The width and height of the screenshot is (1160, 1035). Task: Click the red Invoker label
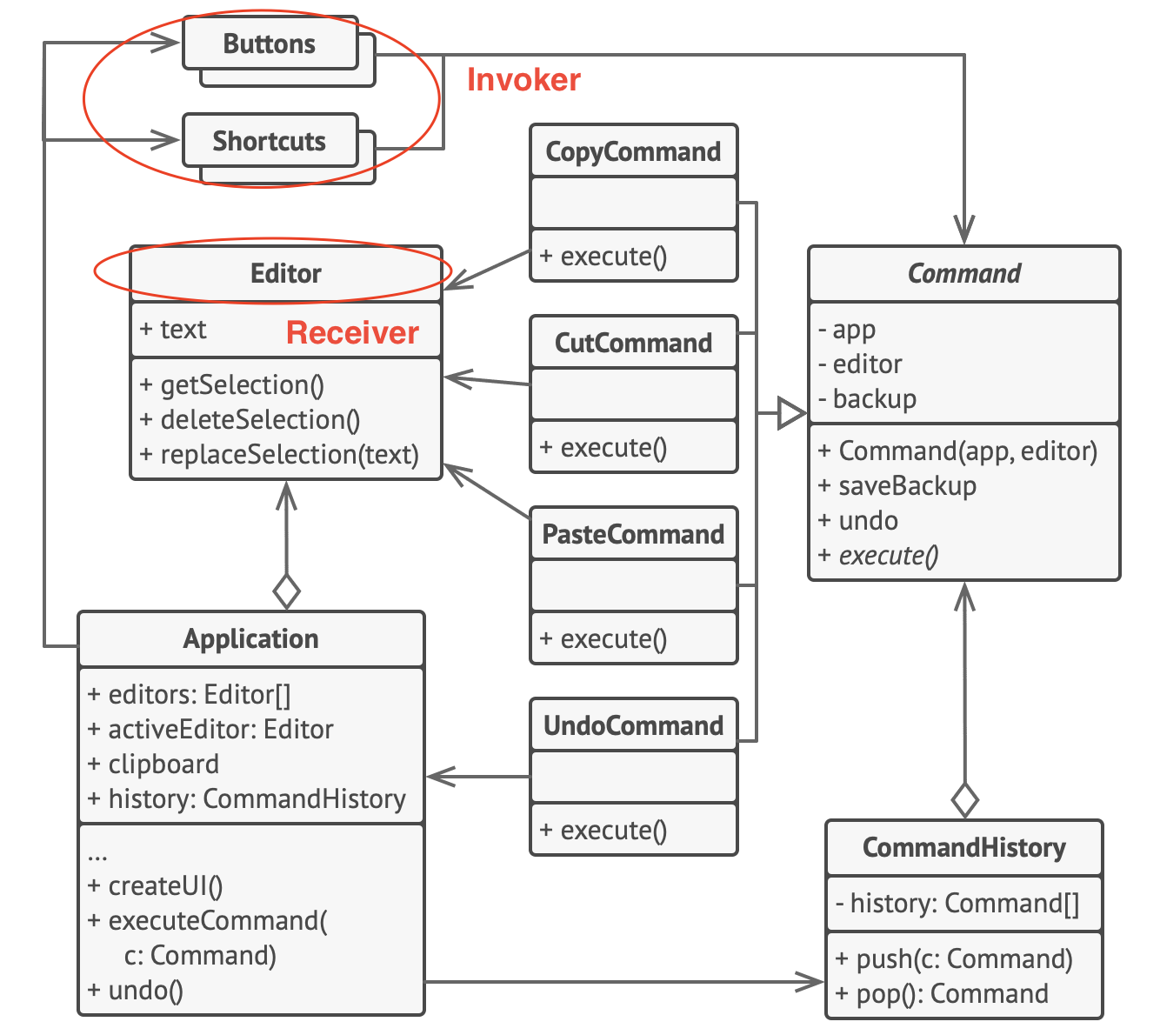pyautogui.click(x=523, y=80)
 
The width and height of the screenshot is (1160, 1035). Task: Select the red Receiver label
pyautogui.click(x=352, y=333)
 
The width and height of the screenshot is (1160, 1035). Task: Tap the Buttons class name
pyautogui.click(x=270, y=43)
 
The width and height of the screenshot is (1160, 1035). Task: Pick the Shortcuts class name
pyautogui.click(x=270, y=141)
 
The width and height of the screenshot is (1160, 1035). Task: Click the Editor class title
pyautogui.click(x=286, y=273)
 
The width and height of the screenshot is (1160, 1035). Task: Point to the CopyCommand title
pyautogui.click(x=633, y=151)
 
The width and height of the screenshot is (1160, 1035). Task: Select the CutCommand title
pyautogui.click(x=633, y=343)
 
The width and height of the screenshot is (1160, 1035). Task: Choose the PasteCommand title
pyautogui.click(x=633, y=534)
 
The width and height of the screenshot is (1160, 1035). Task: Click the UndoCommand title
pyautogui.click(x=633, y=725)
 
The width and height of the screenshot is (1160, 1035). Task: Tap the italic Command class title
pyautogui.click(x=963, y=273)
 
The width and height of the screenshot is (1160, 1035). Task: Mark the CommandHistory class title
pyautogui.click(x=963, y=847)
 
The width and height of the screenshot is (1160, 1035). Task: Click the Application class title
pyautogui.click(x=251, y=638)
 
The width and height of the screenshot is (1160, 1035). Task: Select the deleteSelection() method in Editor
pyautogui.click(x=250, y=420)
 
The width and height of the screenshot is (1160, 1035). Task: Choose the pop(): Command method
pyautogui.click(x=942, y=993)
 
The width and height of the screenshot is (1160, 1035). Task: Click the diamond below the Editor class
pyautogui.click(x=286, y=591)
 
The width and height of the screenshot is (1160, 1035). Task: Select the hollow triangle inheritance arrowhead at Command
pyautogui.click(x=790, y=413)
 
